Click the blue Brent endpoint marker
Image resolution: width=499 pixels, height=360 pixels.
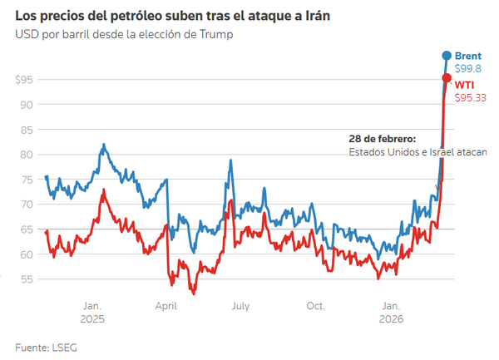tap(447, 56)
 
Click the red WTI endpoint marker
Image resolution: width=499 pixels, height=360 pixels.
tap(447, 78)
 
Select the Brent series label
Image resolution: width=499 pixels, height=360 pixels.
tap(468, 55)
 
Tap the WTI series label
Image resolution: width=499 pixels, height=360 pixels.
tap(465, 84)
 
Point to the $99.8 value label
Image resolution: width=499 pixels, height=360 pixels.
tap(467, 67)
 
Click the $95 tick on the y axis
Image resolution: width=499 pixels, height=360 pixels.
tap(24, 80)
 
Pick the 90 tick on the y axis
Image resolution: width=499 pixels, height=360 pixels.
tap(27, 105)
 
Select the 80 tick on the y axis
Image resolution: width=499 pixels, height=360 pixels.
tap(27, 155)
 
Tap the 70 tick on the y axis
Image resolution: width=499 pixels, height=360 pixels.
tap(27, 205)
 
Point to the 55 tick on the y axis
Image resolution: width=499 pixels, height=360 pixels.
tap(27, 279)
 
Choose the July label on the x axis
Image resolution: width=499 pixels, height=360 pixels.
tap(240, 306)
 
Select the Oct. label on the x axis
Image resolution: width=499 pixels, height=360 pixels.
tap(315, 306)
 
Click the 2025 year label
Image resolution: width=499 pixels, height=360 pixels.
tap(92, 319)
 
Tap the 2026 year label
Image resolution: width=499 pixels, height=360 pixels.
tap(391, 319)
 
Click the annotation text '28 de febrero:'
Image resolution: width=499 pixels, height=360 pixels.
tap(383, 139)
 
